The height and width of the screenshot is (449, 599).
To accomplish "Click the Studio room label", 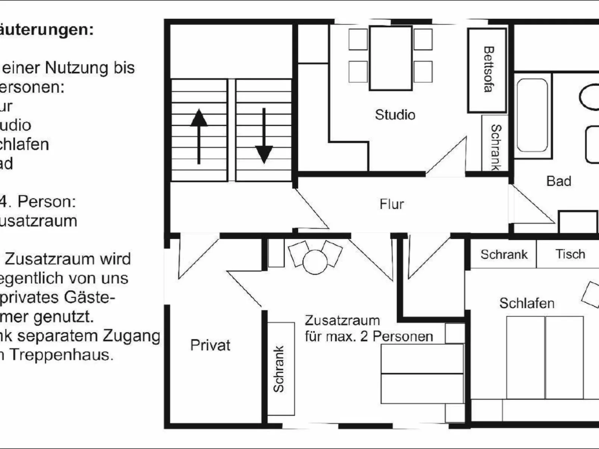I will click(395, 115).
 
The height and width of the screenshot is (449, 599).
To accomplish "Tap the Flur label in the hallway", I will click(392, 204).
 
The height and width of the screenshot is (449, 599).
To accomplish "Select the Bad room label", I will click(558, 181).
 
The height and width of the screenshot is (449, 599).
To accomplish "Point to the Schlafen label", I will click(527, 303).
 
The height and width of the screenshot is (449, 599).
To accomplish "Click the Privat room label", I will click(210, 345).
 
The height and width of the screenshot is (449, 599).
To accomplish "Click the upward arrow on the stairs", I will click(199, 136).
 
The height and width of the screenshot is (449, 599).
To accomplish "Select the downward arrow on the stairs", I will click(264, 136).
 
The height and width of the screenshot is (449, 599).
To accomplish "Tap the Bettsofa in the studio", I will click(487, 70).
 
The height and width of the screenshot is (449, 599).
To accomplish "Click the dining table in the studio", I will click(391, 58).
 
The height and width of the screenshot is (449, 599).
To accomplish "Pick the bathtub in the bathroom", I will click(532, 115).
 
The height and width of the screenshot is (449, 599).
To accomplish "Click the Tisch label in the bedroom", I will click(570, 254).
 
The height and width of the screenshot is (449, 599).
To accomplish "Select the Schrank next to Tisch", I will click(504, 254).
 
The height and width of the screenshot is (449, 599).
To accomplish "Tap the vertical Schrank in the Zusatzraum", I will click(280, 369).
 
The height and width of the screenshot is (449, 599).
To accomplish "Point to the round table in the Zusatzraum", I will click(315, 262).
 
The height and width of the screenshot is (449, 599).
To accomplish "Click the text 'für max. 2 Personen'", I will click(369, 336).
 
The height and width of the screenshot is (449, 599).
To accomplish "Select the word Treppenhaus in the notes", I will click(61, 354).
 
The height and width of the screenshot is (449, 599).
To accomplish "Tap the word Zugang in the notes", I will click(131, 335).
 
